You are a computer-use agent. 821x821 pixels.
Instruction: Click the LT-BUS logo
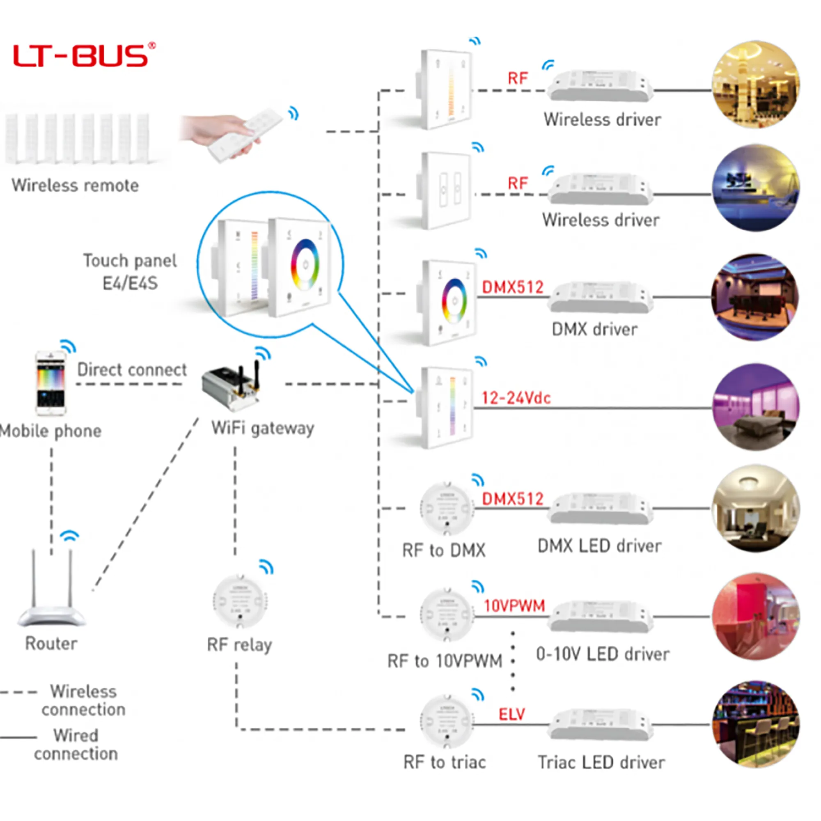point(84,55)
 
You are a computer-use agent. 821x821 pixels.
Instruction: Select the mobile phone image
point(50,383)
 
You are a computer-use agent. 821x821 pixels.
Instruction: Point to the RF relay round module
point(240,601)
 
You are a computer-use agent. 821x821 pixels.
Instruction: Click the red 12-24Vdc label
point(516,398)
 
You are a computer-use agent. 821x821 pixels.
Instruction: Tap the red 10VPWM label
point(514,606)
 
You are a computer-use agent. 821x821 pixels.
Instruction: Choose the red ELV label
point(511,714)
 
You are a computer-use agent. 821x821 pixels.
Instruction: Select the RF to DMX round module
point(447,509)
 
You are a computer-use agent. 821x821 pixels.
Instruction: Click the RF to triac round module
point(447,722)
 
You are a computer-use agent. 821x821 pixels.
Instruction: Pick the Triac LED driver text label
point(601,763)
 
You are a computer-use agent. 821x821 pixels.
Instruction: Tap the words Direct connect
point(132,370)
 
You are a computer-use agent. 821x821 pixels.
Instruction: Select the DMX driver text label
point(594,329)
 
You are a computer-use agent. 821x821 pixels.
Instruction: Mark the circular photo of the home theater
point(755,297)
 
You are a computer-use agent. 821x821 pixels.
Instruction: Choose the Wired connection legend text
point(76,745)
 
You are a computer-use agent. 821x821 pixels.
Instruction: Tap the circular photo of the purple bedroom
point(756,407)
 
